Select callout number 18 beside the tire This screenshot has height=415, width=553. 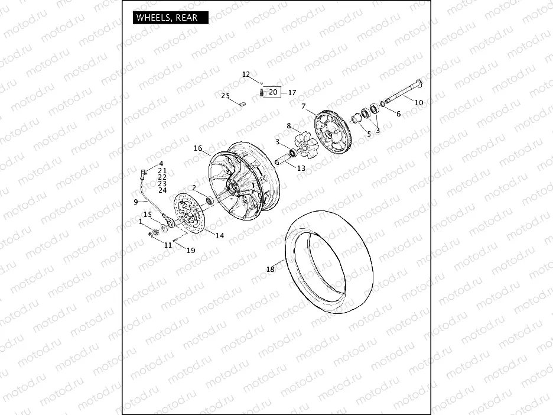click(x=271, y=270)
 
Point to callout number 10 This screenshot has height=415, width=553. click(x=419, y=102)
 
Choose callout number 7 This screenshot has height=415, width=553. click(x=304, y=107)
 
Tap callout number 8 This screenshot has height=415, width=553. click(x=289, y=125)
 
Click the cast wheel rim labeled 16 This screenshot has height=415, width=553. click(x=242, y=183)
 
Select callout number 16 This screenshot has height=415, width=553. click(x=198, y=148)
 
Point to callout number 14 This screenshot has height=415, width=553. click(x=219, y=235)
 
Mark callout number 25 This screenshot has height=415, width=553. click(x=226, y=96)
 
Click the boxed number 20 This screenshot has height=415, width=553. click(x=272, y=92)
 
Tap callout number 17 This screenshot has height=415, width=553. click(x=292, y=93)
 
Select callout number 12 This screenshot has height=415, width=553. click(x=246, y=74)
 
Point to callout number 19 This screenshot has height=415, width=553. click(x=190, y=250)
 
